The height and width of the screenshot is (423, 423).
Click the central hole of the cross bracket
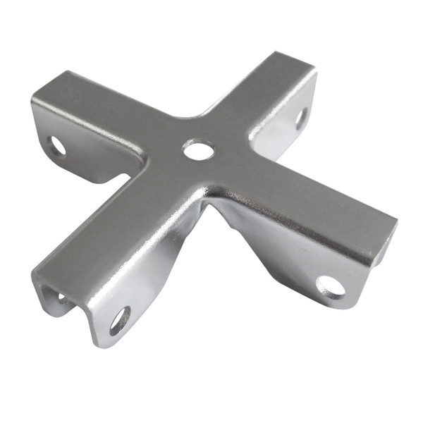click(x=198, y=149)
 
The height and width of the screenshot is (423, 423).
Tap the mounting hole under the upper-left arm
click(x=56, y=146)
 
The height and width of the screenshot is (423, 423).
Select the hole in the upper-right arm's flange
click(x=301, y=117)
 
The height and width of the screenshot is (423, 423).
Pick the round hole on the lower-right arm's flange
click(x=330, y=286)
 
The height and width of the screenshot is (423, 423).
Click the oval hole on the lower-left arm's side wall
click(x=119, y=321)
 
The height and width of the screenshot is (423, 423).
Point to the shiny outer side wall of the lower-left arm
click(x=141, y=289)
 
